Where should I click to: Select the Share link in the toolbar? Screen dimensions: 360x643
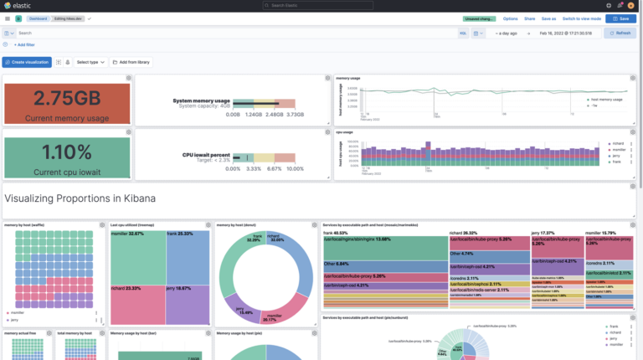tap(529, 18)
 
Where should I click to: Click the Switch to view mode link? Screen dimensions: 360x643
tap(581, 18)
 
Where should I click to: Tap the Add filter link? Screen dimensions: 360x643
tap(25, 44)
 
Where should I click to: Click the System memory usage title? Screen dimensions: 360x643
tap(202, 100)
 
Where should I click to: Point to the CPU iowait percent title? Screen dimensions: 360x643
tap(206, 155)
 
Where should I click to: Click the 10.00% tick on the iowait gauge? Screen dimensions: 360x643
tap(285, 168)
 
